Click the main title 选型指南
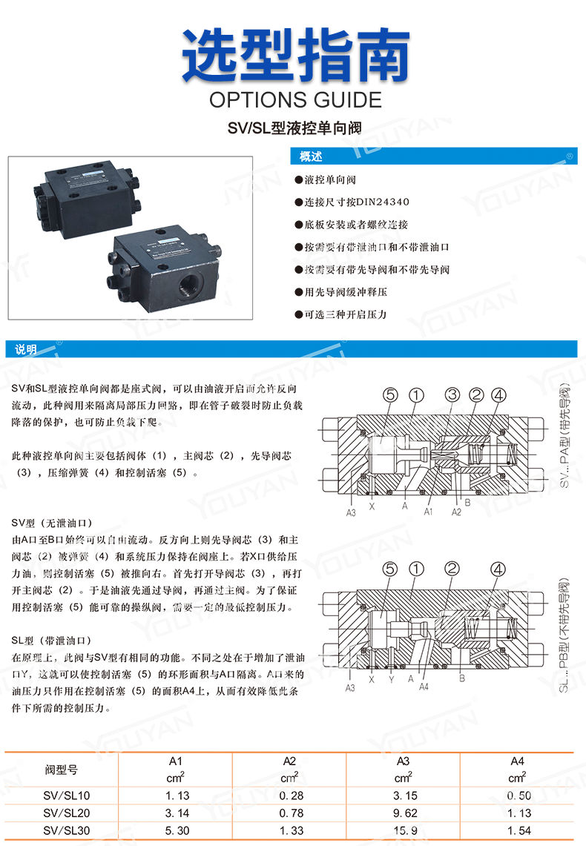pos(296,56)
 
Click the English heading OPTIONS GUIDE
pos(295,99)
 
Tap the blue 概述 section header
pos(311,157)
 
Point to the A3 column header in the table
pos(404,761)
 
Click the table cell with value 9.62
pos(404,813)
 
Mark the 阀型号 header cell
pos(62,770)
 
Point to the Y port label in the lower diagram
pos(391,678)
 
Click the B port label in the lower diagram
pos(461,677)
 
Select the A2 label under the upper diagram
pos(457,512)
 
